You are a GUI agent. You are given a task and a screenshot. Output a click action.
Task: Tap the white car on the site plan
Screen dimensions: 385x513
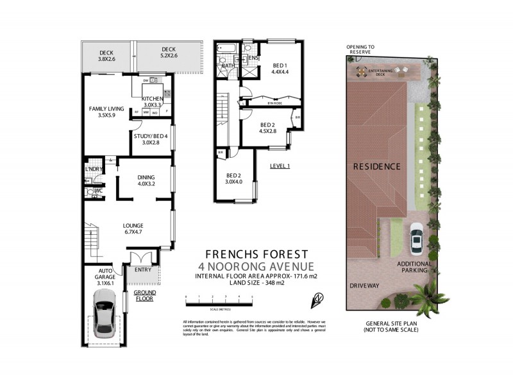coord(417,239)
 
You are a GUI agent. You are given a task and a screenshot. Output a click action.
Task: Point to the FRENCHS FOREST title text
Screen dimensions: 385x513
coord(257,253)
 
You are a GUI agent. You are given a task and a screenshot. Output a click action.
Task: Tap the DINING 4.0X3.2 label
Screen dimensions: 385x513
coord(146,181)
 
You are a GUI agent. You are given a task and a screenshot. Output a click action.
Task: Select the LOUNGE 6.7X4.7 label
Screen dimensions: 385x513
coord(133,229)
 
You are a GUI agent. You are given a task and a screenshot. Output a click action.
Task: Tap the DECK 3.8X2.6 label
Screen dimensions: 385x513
coord(106,56)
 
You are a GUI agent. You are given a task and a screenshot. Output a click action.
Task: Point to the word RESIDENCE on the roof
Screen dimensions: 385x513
coord(376,166)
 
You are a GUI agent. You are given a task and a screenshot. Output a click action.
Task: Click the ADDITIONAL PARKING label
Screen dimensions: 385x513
coord(412,267)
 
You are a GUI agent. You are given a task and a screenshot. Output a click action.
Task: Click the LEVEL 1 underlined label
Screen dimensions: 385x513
coord(280,166)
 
